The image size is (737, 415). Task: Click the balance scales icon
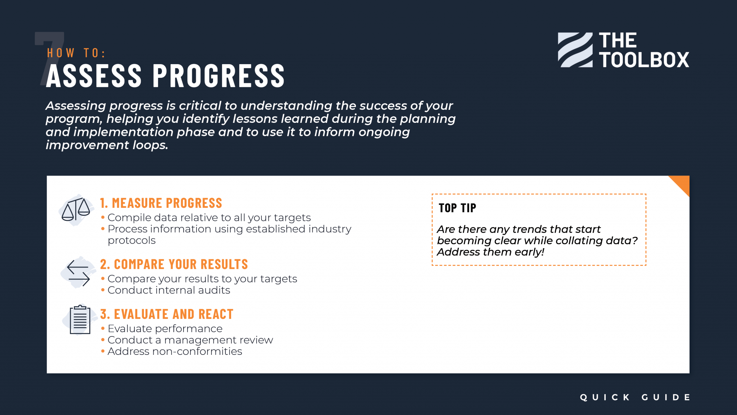(x=76, y=210)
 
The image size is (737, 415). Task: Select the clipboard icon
(x=80, y=320)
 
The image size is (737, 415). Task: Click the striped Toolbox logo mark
(x=575, y=50)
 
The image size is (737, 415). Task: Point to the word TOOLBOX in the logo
(x=644, y=60)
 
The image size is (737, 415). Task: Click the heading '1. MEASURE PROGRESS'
(x=161, y=203)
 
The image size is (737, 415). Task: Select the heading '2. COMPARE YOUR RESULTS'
(x=174, y=264)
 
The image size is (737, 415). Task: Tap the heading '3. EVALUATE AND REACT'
(x=167, y=314)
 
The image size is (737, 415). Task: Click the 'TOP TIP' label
(x=457, y=208)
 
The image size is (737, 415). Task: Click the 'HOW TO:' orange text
(x=76, y=53)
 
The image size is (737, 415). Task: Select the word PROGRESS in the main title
(x=219, y=76)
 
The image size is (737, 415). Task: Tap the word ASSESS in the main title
(x=94, y=76)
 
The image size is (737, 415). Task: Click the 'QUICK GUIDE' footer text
(x=635, y=397)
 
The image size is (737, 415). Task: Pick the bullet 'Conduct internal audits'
(x=168, y=290)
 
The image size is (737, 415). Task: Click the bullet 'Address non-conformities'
(x=175, y=352)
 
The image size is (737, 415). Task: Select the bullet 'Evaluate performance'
(x=165, y=329)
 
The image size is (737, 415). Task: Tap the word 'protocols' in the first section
(x=132, y=241)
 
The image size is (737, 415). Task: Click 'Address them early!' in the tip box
(x=490, y=252)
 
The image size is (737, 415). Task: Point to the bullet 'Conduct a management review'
(x=190, y=340)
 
